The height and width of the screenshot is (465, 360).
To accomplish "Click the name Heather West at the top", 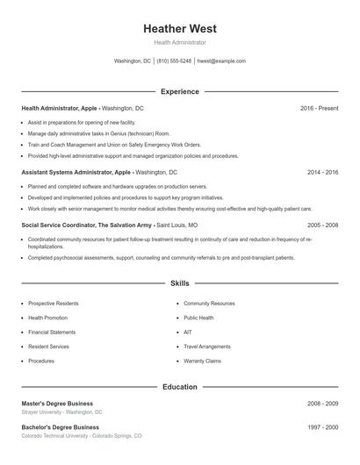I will click(180, 28).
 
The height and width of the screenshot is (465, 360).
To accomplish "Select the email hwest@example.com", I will click(221, 61).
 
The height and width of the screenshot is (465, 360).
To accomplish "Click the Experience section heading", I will click(180, 91).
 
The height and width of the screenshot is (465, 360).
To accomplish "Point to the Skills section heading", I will click(180, 283).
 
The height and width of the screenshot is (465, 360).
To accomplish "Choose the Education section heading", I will click(180, 387).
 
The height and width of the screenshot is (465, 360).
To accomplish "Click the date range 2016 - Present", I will click(319, 108).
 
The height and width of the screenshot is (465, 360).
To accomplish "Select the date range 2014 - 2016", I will click(322, 173).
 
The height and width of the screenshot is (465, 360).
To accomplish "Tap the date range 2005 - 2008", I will click(322, 225).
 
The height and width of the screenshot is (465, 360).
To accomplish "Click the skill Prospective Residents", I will click(54, 304).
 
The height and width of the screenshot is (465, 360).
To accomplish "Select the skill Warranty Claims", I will click(203, 361).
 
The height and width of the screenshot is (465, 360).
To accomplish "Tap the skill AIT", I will click(188, 333).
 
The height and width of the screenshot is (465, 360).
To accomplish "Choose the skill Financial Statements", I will click(52, 333).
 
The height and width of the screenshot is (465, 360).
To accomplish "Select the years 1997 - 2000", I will click(322, 427).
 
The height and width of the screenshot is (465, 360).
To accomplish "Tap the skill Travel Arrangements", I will click(207, 347).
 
